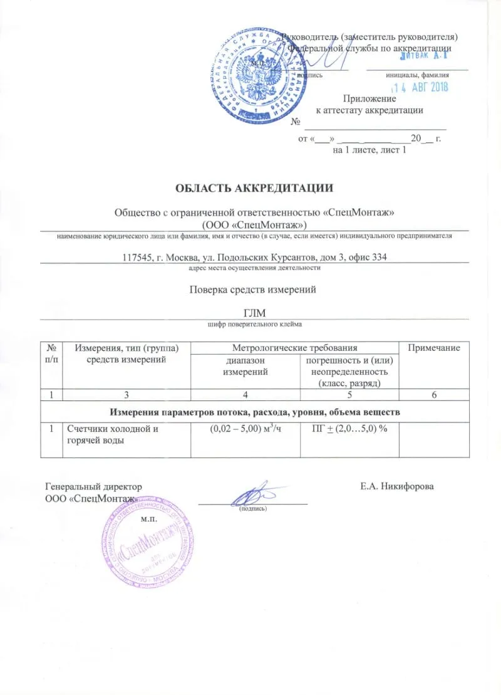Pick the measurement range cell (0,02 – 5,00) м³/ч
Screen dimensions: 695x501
(x=244, y=429)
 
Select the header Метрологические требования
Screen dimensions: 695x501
(x=294, y=348)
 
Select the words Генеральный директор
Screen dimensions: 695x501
(x=94, y=486)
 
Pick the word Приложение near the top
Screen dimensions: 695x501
(x=369, y=98)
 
